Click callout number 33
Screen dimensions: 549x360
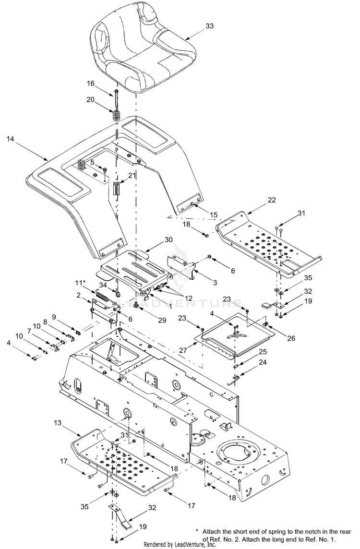click(x=210, y=26)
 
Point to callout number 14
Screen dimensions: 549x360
click(x=11, y=139)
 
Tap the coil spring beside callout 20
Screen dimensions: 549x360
click(x=116, y=116)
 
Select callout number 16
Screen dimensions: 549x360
click(x=91, y=83)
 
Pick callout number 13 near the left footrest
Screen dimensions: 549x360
click(x=58, y=423)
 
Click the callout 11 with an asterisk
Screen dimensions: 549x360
click(x=80, y=282)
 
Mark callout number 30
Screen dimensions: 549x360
click(x=155, y=239)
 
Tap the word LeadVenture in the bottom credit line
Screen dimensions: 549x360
click(x=188, y=545)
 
